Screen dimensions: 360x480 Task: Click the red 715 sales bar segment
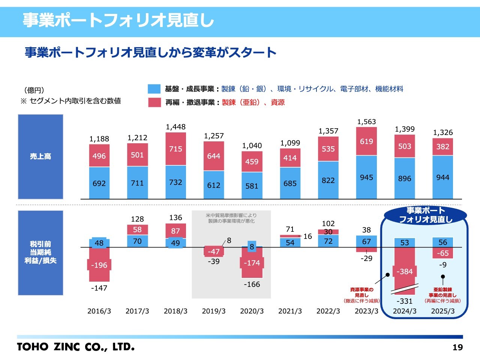(175, 149)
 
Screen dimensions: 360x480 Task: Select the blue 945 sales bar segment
(366, 177)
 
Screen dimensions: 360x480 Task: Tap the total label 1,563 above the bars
(366, 122)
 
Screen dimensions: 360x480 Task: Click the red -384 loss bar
(405, 271)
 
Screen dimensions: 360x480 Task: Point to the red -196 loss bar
(99, 265)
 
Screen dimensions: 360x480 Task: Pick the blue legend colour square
(154, 89)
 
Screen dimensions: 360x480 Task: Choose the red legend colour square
(154, 102)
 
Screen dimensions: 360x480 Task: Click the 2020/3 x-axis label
(252, 311)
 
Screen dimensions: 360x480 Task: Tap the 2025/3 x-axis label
(442, 311)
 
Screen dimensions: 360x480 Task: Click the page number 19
(457, 347)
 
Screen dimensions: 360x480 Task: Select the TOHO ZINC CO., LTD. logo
(75, 347)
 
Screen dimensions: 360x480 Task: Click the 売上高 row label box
(40, 156)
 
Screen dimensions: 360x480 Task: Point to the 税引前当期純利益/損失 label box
(40, 252)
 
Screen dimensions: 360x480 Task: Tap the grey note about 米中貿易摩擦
(231, 218)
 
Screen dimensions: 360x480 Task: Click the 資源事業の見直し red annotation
(362, 295)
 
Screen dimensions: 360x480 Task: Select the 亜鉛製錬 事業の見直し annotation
(442, 295)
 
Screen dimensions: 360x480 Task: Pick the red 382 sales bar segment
(442, 147)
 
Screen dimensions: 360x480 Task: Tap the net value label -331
(405, 301)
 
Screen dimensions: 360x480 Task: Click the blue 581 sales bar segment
(252, 186)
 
